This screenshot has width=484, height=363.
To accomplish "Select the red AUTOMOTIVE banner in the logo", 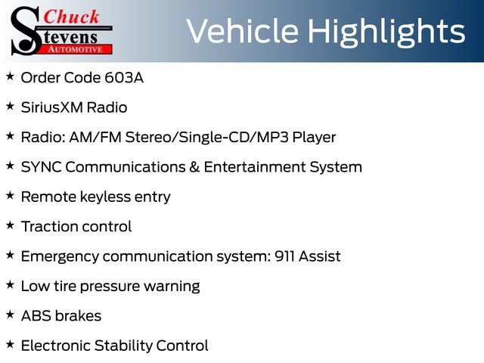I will click(x=76, y=48).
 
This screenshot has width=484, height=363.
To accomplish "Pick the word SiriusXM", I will click(x=53, y=107).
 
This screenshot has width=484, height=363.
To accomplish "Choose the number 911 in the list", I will click(x=283, y=256).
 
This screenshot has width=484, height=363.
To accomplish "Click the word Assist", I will click(x=320, y=256).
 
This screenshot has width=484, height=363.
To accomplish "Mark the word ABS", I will click(x=35, y=315).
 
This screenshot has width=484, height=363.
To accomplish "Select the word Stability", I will click(x=123, y=346).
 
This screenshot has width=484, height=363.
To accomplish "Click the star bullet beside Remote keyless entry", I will click(x=10, y=196).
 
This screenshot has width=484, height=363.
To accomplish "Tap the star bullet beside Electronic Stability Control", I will click(x=10, y=345).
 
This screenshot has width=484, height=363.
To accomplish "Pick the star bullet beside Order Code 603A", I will click(x=10, y=77).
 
